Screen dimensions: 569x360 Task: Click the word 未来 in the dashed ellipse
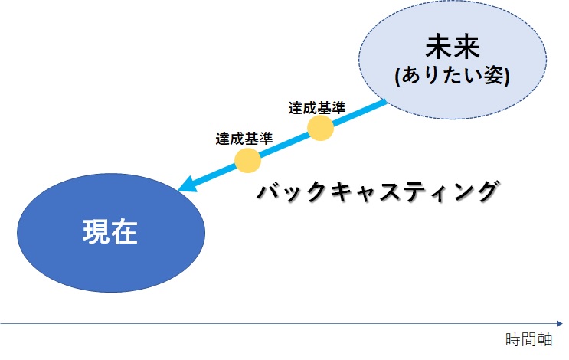tap(453, 47)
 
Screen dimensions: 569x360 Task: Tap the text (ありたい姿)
tap(452, 76)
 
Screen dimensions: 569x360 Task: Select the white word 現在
tap(110, 231)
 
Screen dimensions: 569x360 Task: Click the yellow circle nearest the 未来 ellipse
tap(320, 128)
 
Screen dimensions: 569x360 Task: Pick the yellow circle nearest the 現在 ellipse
tap(248, 160)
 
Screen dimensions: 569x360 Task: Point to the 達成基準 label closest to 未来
tap(317, 108)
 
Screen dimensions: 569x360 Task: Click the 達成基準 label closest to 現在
tap(244, 139)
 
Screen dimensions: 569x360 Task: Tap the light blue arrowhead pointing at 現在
tap(188, 184)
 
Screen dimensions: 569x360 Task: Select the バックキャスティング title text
tap(378, 191)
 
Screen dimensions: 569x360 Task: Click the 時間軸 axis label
tap(528, 339)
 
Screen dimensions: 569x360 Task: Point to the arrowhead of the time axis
tap(559, 323)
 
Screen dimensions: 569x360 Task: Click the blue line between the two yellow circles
tap(284, 144)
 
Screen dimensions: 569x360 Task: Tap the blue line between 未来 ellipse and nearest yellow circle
tap(359, 112)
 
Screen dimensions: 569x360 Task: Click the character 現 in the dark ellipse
tap(96, 231)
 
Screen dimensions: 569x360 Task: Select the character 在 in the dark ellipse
tap(125, 231)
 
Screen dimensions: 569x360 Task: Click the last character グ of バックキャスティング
tap(487, 191)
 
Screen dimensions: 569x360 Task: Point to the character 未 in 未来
tap(439, 47)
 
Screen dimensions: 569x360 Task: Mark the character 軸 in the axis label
tap(544, 339)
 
